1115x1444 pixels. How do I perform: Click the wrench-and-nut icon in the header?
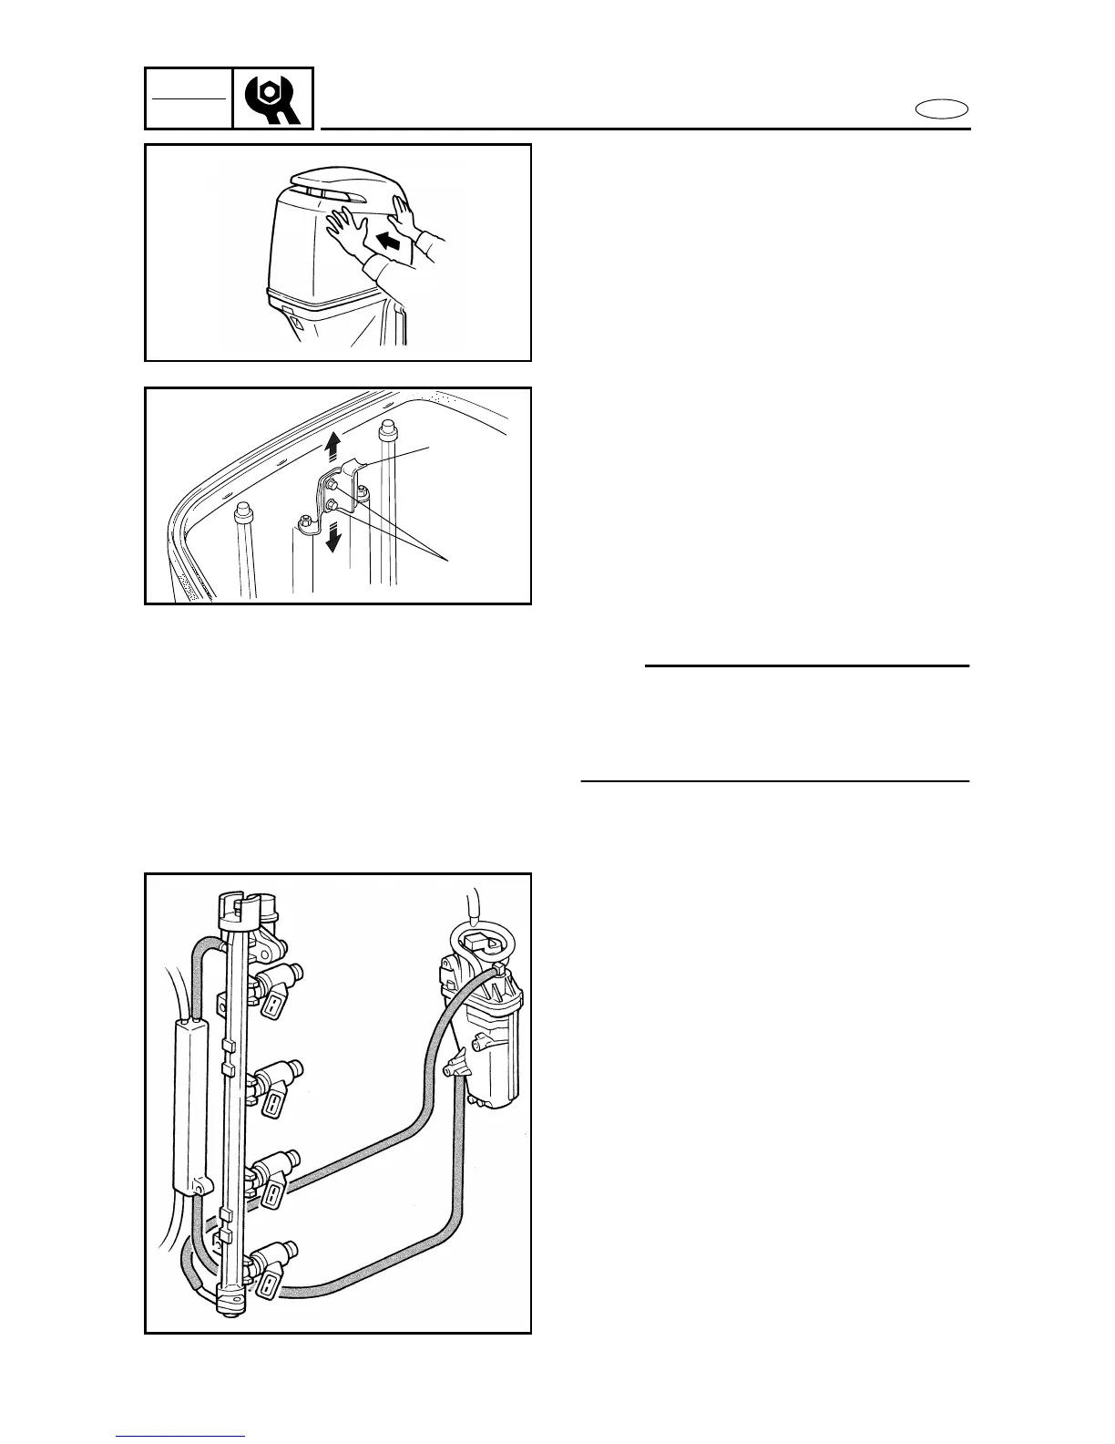pyautogui.click(x=273, y=98)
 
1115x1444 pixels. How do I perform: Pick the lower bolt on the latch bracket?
pyautogui.click(x=333, y=503)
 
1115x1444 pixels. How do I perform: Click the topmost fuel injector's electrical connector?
pyautogui.click(x=273, y=1006)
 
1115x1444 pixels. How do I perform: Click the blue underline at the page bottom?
pyautogui.click(x=180, y=1437)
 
